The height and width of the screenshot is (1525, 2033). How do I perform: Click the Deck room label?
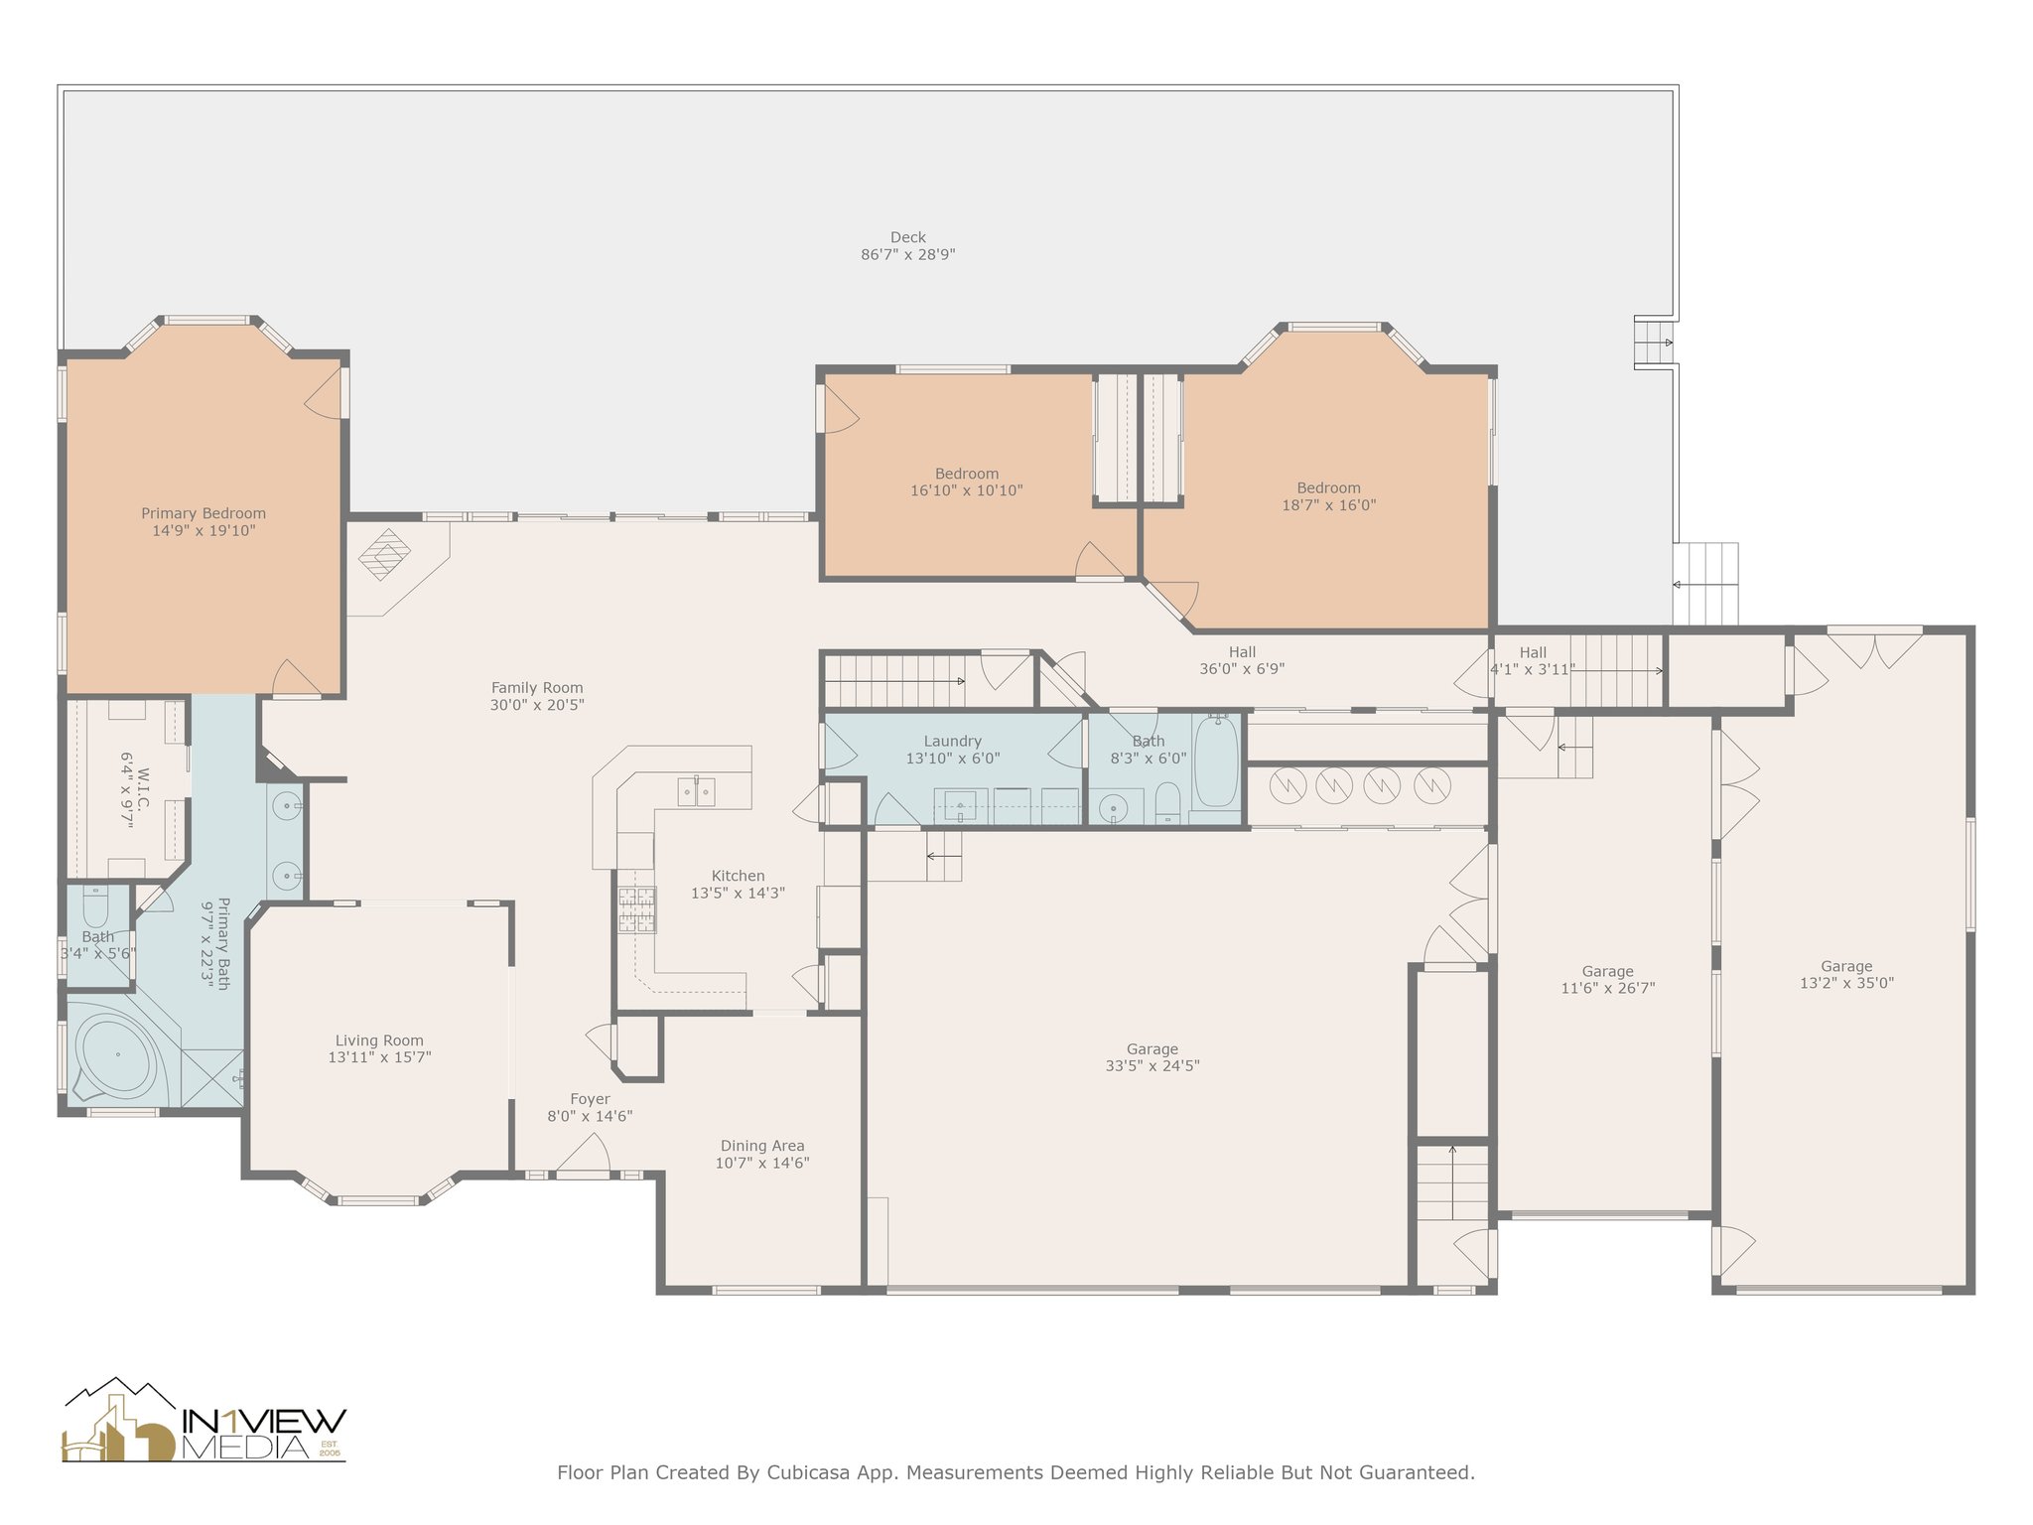pos(907,245)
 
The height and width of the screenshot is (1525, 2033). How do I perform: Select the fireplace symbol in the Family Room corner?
pos(385,554)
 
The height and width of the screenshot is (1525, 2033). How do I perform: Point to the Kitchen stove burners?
pos(637,909)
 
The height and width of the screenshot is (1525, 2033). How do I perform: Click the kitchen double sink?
pos(697,791)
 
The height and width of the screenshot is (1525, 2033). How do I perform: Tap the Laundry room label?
pos(953,750)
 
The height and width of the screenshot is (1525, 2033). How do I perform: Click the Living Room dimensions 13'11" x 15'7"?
pos(379,1057)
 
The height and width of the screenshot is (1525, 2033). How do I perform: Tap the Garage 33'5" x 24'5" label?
pos(1152,1057)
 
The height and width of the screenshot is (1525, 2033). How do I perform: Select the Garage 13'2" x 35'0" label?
pos(1846,975)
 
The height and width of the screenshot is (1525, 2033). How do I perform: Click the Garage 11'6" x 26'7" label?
pos(1608,980)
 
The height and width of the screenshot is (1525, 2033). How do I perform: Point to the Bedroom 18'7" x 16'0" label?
pos(1328,496)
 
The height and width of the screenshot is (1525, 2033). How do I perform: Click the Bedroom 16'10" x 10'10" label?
pos(967,483)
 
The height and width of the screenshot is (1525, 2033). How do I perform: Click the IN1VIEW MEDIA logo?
pos(204,1421)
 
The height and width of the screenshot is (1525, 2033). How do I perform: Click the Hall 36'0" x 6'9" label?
pos(1242,660)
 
